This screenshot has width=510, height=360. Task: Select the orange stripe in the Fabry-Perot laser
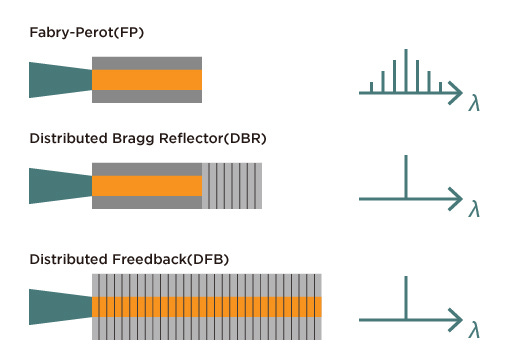tap(147, 80)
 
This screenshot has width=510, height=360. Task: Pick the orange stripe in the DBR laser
tap(147, 186)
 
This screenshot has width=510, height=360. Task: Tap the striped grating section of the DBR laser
tap(233, 186)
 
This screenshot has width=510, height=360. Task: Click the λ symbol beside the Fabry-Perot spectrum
tap(474, 102)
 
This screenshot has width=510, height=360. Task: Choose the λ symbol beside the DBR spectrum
tap(474, 207)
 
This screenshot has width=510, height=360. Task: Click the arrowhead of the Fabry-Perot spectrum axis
tap(459, 94)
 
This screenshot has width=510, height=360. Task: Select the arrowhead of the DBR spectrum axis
tap(459, 197)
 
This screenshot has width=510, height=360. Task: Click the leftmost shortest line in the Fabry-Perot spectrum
tap(372, 89)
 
